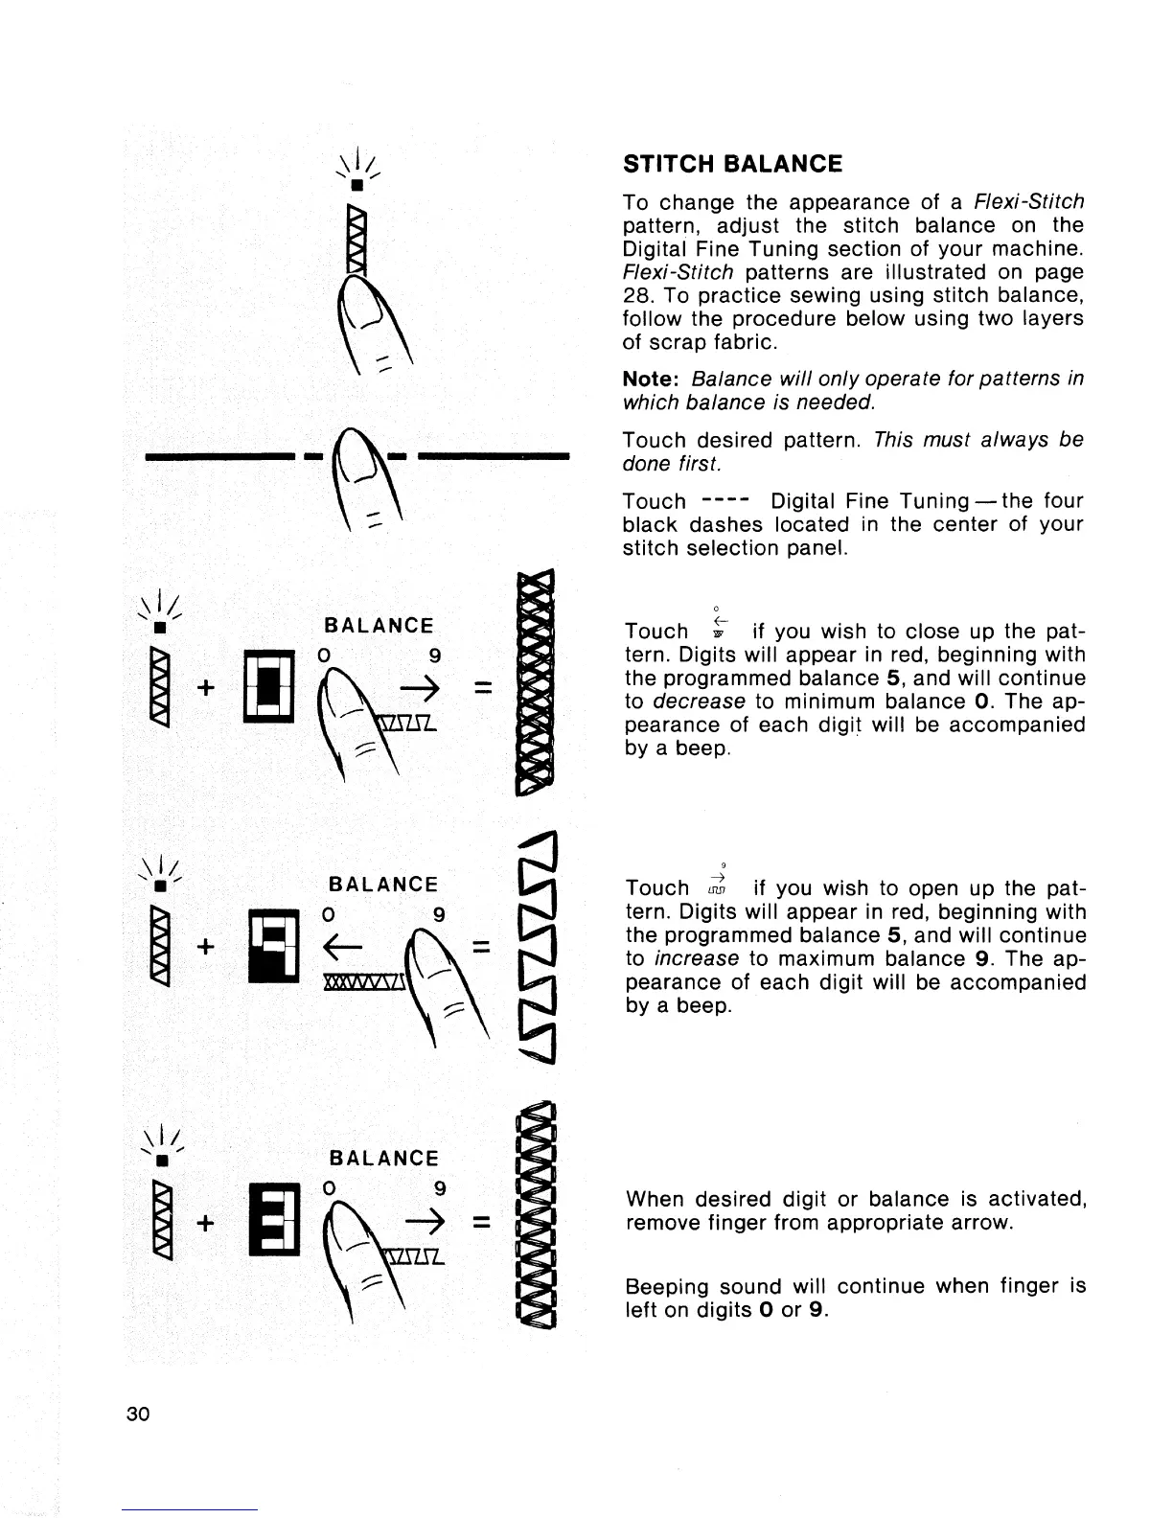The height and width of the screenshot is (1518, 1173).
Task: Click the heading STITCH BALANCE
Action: (x=732, y=164)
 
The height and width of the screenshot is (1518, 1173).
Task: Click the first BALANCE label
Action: (x=379, y=626)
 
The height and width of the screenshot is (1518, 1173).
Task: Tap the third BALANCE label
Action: (x=382, y=1159)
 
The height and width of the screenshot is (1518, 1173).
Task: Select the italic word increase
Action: (x=709, y=959)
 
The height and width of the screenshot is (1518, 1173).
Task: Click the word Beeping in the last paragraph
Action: (x=664, y=1286)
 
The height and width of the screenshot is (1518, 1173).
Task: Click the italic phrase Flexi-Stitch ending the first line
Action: (x=1028, y=202)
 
